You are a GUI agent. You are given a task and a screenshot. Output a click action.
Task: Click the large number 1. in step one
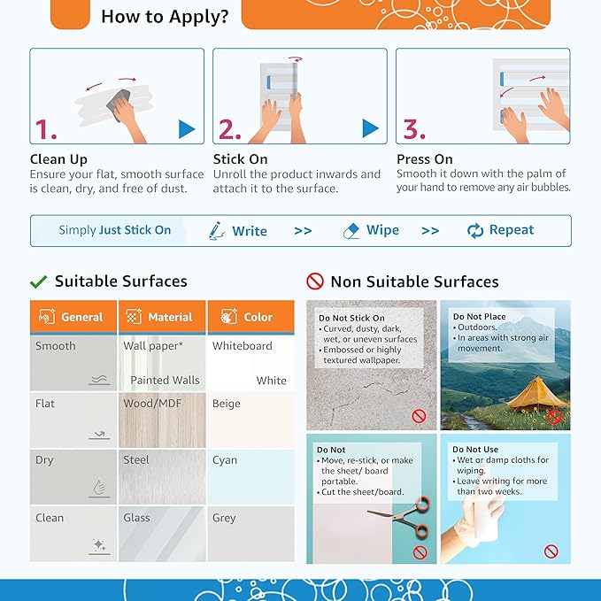pyautogui.click(x=46, y=129)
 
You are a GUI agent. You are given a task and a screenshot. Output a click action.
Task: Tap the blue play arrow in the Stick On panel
pyautogui.click(x=370, y=128)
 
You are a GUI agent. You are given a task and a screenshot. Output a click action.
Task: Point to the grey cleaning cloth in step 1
pyautogui.click(x=118, y=104)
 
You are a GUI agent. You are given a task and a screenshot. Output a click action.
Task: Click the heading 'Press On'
pyautogui.click(x=424, y=159)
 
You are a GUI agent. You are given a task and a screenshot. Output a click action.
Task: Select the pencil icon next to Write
pyautogui.click(x=217, y=231)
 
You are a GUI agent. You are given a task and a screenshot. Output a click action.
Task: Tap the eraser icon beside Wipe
pyautogui.click(x=351, y=231)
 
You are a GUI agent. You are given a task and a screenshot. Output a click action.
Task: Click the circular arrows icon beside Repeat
pyautogui.click(x=475, y=231)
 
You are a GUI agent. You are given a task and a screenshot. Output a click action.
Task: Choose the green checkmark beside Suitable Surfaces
pyautogui.click(x=38, y=282)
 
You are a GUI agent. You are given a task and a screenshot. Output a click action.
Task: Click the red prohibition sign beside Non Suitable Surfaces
pyautogui.click(x=315, y=281)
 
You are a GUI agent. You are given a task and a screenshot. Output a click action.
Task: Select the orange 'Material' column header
pyautogui.click(x=162, y=317)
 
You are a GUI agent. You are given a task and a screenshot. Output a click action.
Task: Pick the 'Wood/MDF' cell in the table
pyautogui.click(x=162, y=420)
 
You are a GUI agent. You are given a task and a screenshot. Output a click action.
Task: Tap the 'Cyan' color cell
pyautogui.click(x=251, y=477)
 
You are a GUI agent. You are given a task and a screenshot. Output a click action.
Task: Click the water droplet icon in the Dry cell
pyautogui.click(x=99, y=488)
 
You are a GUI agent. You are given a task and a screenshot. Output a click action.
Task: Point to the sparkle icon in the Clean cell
pyautogui.click(x=99, y=544)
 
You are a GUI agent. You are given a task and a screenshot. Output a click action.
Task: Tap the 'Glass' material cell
pyautogui.click(x=162, y=534)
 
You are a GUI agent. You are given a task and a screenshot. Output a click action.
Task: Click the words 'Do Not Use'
pyautogui.click(x=475, y=450)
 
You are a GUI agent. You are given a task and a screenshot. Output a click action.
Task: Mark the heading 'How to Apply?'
pyautogui.click(x=165, y=17)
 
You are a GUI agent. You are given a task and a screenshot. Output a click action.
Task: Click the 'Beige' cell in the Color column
pyautogui.click(x=251, y=420)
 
